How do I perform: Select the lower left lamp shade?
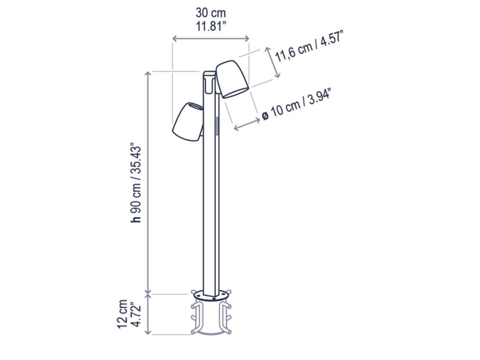coord(187,122)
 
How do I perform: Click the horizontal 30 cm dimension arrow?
coord(210,39)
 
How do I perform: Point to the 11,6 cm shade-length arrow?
coord(273,62)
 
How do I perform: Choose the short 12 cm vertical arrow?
coord(148,314)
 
